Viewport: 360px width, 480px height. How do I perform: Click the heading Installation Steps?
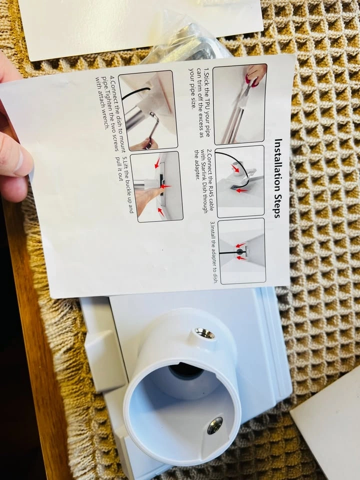tap(277, 178)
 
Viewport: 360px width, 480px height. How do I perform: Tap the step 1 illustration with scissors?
tap(239, 104)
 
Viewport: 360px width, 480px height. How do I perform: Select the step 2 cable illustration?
tap(239, 181)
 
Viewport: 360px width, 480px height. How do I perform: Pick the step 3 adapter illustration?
tap(241, 250)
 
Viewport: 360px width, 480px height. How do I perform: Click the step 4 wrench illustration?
tap(148, 110)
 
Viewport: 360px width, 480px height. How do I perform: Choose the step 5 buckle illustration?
tap(156, 186)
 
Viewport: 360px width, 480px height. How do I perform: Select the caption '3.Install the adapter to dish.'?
tap(214, 252)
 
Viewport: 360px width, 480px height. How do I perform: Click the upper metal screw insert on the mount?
tap(204, 333)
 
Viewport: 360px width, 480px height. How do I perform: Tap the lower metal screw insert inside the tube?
tap(215, 425)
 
